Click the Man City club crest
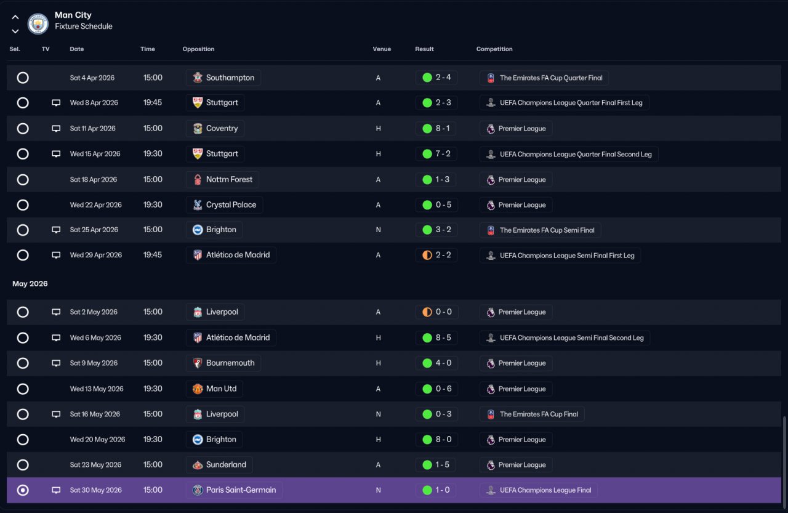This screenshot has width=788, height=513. click(38, 24)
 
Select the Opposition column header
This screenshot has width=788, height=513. click(198, 49)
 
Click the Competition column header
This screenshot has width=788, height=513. click(494, 49)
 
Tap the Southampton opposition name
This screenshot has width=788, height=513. click(230, 78)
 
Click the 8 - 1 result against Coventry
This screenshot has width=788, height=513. click(443, 129)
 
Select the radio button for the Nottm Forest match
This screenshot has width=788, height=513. click(23, 179)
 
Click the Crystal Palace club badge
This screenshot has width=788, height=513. click(198, 205)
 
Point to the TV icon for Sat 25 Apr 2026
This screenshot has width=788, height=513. click(56, 230)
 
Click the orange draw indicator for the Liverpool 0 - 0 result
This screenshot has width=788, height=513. click(427, 312)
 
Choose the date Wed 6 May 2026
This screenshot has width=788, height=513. click(95, 337)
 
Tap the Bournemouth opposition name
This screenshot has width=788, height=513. click(230, 363)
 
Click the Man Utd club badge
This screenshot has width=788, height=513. click(198, 389)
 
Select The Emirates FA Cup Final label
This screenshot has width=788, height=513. click(539, 414)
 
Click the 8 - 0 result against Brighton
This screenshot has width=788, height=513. click(443, 440)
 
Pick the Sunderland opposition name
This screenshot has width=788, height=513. click(226, 465)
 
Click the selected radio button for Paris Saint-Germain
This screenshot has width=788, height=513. click(23, 490)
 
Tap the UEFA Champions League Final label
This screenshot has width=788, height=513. click(545, 490)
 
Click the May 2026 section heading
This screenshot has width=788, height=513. click(30, 283)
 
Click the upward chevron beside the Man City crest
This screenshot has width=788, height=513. click(15, 17)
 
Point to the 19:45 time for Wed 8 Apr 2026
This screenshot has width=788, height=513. click(153, 103)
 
